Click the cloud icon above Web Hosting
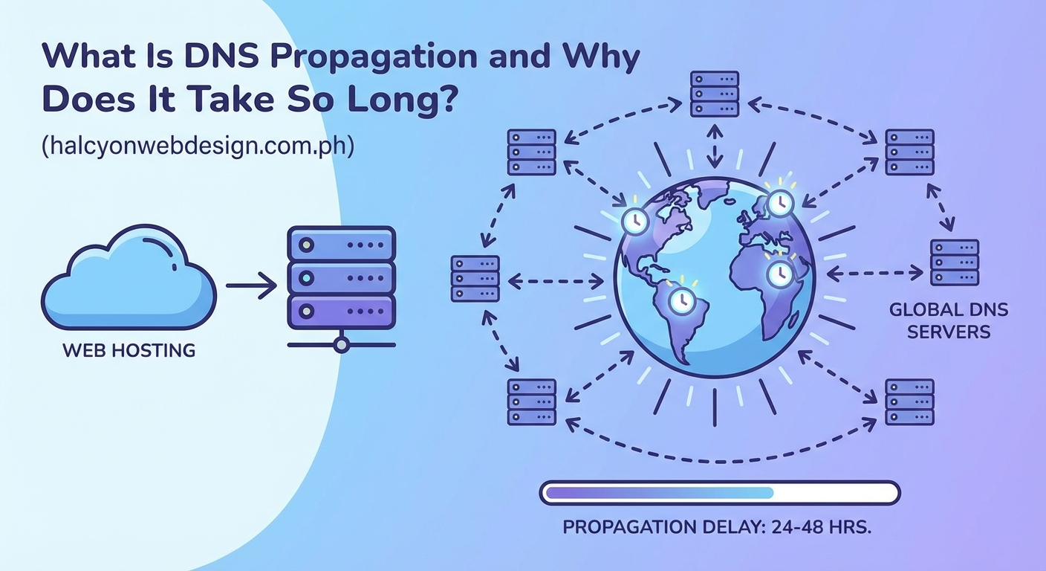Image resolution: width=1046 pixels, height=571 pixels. (128, 281)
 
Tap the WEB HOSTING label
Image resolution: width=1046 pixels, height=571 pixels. (129, 349)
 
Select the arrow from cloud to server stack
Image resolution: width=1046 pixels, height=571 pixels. (251, 285)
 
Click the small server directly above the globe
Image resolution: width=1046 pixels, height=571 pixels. (714, 94)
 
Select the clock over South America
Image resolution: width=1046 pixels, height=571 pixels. (681, 300)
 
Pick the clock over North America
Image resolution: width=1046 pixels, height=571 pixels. (634, 220)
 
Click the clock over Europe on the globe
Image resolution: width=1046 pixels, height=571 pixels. (779, 201)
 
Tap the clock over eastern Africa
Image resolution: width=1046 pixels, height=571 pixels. (779, 274)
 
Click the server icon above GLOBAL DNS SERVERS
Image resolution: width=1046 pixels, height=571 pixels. (954, 262)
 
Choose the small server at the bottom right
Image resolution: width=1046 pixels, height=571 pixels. (909, 401)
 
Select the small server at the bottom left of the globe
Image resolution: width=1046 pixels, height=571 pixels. (531, 401)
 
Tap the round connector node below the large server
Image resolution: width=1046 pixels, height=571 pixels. (341, 344)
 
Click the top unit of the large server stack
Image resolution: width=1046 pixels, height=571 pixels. (341, 244)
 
